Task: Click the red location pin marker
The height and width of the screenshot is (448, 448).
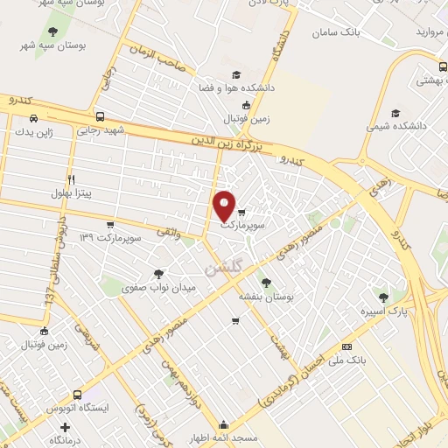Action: point(225,206)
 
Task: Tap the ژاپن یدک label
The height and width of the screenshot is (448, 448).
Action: point(32,132)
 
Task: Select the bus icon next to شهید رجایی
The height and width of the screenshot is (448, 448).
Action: point(100,116)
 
